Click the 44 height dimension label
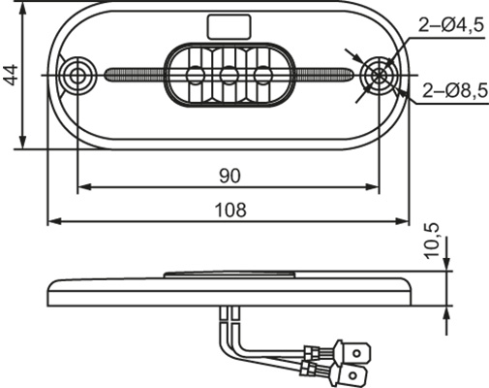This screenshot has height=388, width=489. tap(12, 75)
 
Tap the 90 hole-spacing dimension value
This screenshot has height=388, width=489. tap(229, 177)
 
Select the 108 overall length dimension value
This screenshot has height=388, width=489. tap(230, 210)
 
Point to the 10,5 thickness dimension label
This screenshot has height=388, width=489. tap(433, 241)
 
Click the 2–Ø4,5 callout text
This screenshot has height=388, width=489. tap(451, 25)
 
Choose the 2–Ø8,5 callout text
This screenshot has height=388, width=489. tap(455, 91)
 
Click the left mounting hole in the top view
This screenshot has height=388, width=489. tap(77, 76)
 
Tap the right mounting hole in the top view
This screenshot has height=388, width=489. tap(379, 76)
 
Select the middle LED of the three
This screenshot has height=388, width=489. tap(229, 75)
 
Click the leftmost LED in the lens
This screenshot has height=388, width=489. tap(196, 75)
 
